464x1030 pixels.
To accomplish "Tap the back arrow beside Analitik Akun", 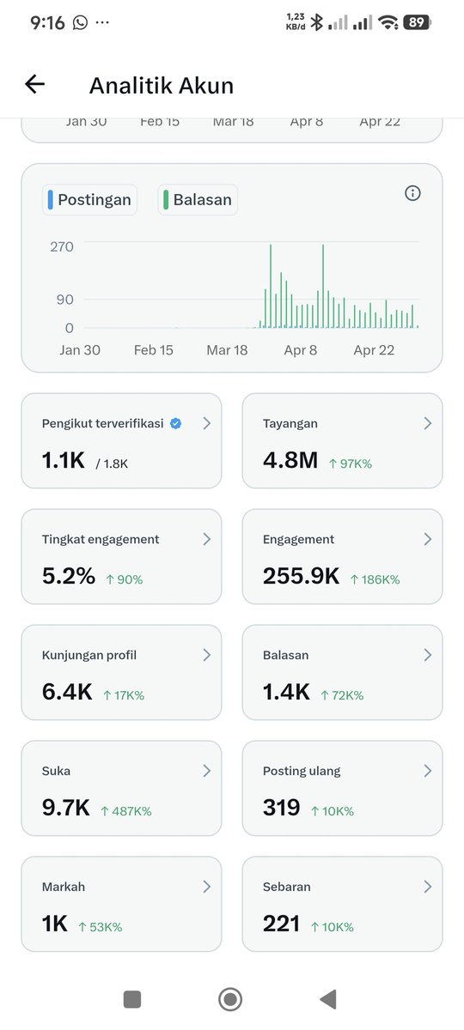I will pyautogui.click(x=34, y=84).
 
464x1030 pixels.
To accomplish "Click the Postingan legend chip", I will pyautogui.click(x=90, y=200).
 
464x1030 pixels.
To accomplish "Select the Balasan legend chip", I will pyautogui.click(x=198, y=200).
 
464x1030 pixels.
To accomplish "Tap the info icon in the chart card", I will pyautogui.click(x=412, y=193).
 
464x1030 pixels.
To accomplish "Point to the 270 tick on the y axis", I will pyautogui.click(x=61, y=247).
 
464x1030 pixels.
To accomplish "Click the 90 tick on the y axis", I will pyautogui.click(x=65, y=300).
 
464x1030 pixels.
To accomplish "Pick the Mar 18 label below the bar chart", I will pyautogui.click(x=227, y=350).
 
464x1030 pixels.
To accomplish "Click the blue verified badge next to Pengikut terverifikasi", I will pyautogui.click(x=176, y=423).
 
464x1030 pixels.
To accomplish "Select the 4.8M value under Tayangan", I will pyautogui.click(x=290, y=461).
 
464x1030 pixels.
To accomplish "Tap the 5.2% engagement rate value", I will pyautogui.click(x=68, y=577).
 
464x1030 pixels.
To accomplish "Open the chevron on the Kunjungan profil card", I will pyautogui.click(x=206, y=655).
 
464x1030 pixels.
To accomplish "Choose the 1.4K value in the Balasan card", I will pyautogui.click(x=286, y=693).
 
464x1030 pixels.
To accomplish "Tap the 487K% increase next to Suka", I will pyautogui.click(x=125, y=811).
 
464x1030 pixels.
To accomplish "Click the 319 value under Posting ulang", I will pyautogui.click(x=281, y=809).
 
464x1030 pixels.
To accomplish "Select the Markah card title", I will pyautogui.click(x=64, y=887).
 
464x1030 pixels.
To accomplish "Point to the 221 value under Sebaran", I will pyautogui.click(x=281, y=924).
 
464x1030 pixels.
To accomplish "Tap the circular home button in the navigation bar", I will pyautogui.click(x=229, y=999).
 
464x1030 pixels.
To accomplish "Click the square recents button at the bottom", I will pyautogui.click(x=132, y=999).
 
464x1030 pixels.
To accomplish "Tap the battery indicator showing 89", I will pyautogui.click(x=417, y=22).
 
